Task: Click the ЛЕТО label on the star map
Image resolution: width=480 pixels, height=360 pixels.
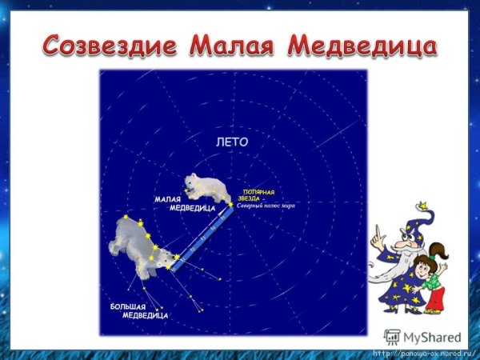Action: (233, 142)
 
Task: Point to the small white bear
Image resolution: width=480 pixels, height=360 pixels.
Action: (206, 187)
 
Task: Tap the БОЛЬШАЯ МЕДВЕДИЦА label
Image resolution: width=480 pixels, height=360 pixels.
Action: (139, 311)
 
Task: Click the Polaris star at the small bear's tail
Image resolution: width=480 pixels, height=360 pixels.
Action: (231, 205)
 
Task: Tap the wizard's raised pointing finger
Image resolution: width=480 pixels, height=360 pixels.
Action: (373, 233)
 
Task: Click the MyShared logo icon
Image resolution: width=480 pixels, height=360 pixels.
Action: (392, 337)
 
